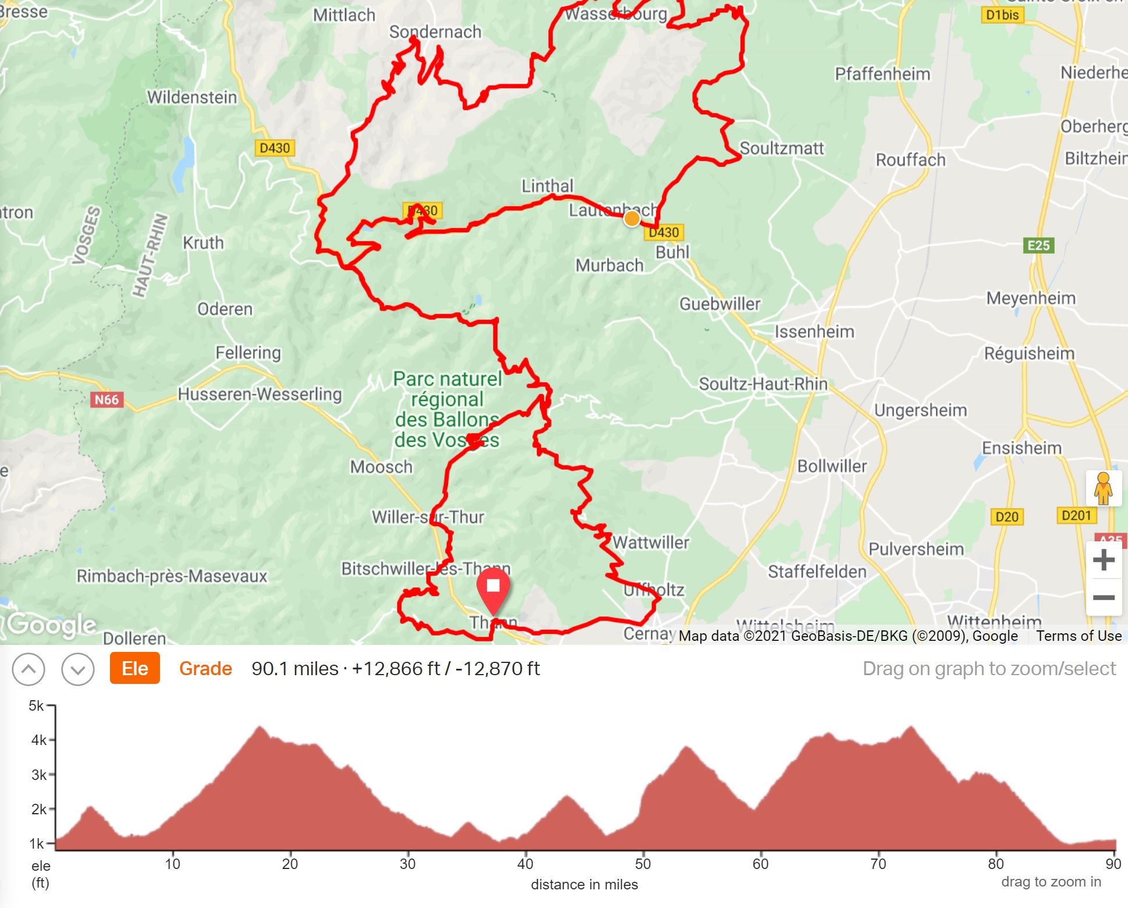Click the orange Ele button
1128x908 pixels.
[134, 668]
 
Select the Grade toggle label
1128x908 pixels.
[205, 668]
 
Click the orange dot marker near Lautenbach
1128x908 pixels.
[632, 219]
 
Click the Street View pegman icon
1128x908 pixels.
[1103, 488]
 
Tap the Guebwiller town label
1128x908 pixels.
[720, 304]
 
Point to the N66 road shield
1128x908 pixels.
[106, 400]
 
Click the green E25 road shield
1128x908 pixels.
[1038, 246]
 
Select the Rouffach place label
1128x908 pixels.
[910, 159]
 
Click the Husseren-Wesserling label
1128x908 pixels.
[259, 394]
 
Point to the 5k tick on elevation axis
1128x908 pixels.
[37, 706]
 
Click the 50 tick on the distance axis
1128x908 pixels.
[643, 864]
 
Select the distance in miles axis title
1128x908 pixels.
[584, 885]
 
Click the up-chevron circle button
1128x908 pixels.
[29, 669]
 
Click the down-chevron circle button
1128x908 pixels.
[77, 669]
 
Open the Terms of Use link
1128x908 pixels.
[1079, 636]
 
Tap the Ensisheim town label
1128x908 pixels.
[1022, 448]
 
